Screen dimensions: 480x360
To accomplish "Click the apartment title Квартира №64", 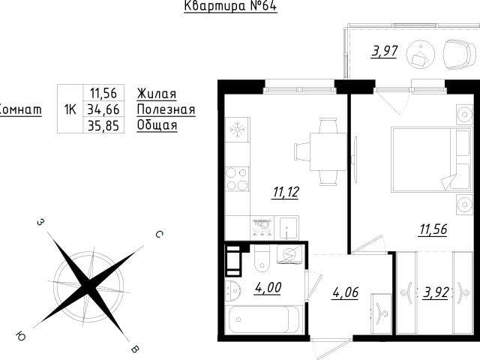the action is point(230,6).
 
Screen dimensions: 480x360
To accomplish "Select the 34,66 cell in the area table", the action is point(103,109).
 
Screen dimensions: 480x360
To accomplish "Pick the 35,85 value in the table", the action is point(103,125).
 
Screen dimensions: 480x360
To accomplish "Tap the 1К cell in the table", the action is point(70,109).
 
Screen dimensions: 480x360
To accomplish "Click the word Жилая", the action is point(157,94).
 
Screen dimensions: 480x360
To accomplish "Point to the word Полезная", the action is point(166,109).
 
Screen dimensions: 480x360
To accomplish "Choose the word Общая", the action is point(157,125).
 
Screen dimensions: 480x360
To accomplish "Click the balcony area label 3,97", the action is point(385,52).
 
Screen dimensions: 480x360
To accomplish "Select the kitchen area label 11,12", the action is point(286,192).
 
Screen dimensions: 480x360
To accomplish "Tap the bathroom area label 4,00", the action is point(268,288).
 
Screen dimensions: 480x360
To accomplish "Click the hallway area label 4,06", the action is point(345,292).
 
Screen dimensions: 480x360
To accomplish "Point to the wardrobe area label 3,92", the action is point(436,292).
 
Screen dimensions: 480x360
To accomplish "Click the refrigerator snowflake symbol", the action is point(237,129).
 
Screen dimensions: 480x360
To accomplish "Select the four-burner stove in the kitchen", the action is point(237,179).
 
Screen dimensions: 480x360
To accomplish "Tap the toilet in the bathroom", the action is point(262,260).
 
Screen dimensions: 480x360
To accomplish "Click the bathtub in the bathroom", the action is point(262,319).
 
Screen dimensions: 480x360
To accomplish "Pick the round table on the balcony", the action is point(421,55).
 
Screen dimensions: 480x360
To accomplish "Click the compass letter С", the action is point(159,235).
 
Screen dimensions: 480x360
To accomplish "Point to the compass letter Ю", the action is point(21,336).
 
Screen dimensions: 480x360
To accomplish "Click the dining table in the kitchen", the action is point(328,151).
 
